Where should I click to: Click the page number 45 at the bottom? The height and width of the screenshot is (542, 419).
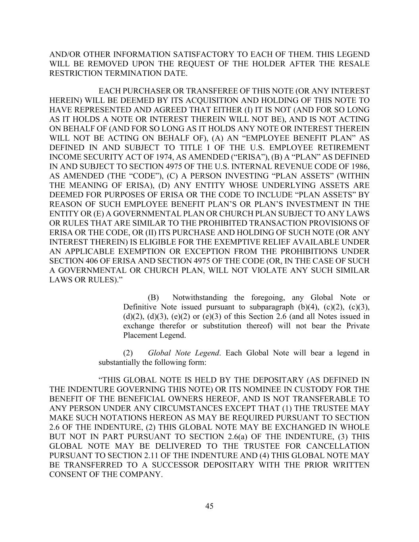coord(209,506)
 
